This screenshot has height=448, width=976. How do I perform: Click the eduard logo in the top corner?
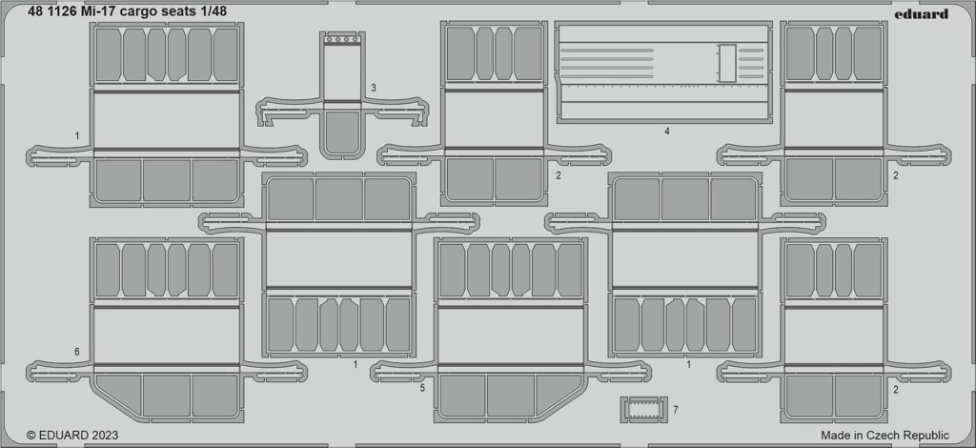click(922, 13)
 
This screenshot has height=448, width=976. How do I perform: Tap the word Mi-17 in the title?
click(96, 11)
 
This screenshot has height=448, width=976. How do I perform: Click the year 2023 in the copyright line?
click(105, 436)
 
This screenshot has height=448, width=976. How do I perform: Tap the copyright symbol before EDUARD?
click(31, 436)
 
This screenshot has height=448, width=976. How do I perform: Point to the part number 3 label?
click(373, 89)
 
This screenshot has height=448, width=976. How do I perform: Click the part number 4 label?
click(666, 132)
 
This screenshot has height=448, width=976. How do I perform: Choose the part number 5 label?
click(422, 388)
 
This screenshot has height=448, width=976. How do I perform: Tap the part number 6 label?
click(76, 352)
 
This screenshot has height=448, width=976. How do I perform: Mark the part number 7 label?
click(676, 410)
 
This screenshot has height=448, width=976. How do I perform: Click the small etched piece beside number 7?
click(643, 410)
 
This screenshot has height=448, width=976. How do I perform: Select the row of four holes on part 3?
click(342, 39)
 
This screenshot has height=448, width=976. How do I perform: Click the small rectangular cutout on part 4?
click(726, 63)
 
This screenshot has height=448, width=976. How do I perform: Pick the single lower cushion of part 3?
click(342, 133)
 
